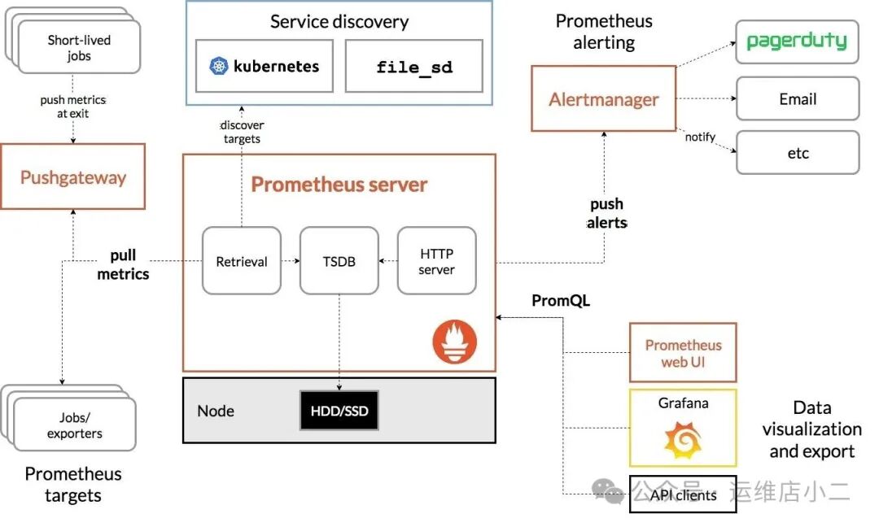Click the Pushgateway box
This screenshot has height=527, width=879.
[72, 176]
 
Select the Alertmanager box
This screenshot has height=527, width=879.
[603, 99]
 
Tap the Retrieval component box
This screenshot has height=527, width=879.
[242, 261]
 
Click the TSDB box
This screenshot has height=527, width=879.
[339, 261]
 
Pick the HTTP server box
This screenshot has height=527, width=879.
[436, 261]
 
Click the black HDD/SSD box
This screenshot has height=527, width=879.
[339, 411]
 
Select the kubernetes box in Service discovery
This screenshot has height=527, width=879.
[265, 66]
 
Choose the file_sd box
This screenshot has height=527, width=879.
[414, 67]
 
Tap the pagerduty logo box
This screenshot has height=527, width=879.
[797, 41]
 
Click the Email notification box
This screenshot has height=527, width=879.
[797, 99]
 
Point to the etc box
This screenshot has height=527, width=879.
[797, 153]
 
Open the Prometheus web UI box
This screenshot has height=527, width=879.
[683, 352]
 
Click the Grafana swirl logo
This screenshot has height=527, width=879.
[682, 440]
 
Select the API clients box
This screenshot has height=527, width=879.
[683, 494]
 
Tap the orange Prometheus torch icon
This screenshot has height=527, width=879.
[454, 342]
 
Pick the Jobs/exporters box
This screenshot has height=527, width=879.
[74, 425]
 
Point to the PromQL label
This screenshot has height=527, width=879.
[561, 301]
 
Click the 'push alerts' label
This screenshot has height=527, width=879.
[606, 213]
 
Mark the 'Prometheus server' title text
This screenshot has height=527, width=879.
[339, 184]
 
